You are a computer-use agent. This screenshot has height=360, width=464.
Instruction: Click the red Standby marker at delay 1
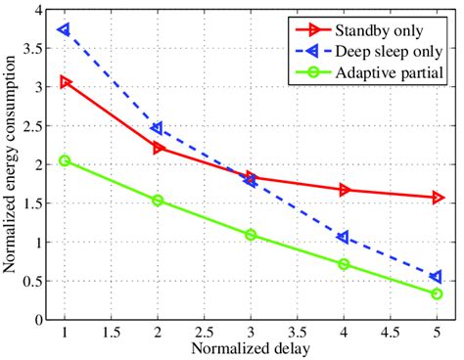[65, 82]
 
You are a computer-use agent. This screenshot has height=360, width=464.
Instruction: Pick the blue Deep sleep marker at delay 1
[65, 29]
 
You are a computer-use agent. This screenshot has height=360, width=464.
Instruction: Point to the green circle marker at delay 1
[65, 160]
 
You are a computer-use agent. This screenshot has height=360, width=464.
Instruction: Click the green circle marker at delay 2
[158, 200]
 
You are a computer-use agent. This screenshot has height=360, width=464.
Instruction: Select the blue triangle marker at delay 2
[158, 128]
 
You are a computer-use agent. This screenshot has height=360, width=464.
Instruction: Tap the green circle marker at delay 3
[251, 235]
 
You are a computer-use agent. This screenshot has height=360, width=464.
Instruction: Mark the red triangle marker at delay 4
[344, 190]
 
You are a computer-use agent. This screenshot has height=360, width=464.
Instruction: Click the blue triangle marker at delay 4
[344, 237]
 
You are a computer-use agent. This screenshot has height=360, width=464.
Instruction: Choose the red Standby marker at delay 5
[437, 198]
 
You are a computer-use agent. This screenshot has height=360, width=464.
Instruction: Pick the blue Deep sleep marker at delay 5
[437, 277]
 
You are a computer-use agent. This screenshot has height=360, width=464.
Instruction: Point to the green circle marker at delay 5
[437, 293]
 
